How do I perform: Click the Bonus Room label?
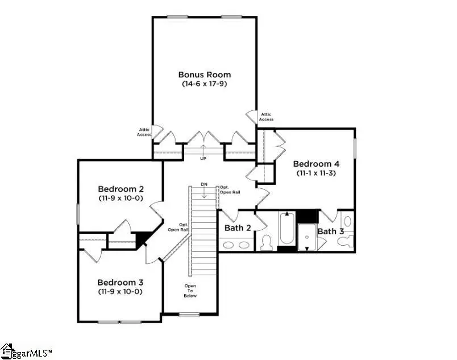(x=205, y=75)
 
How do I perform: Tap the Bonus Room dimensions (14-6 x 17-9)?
(x=205, y=84)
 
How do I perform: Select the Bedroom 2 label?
(x=121, y=189)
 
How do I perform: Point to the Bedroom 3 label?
(x=120, y=282)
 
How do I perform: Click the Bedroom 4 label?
(x=315, y=163)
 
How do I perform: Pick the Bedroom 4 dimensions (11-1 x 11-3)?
(x=315, y=173)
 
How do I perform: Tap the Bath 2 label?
(x=238, y=228)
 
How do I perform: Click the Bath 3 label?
(x=330, y=231)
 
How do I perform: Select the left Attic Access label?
(x=144, y=132)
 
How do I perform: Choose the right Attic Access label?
(x=266, y=117)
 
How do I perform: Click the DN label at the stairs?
(x=203, y=184)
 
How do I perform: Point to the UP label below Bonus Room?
(x=203, y=159)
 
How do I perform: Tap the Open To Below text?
(x=190, y=290)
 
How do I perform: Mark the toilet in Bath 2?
(x=265, y=243)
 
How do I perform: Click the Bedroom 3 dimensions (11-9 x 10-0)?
(x=120, y=292)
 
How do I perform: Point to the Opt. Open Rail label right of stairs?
(x=230, y=190)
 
